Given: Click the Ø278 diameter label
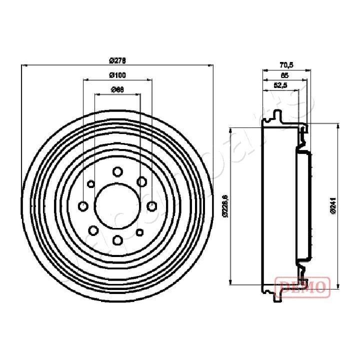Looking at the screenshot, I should click(x=117, y=60).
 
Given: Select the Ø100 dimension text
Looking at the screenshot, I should click(x=117, y=75).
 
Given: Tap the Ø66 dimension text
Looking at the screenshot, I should click(x=117, y=89).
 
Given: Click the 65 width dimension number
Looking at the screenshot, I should click(x=284, y=75).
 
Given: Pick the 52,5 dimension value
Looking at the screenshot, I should click(x=280, y=85).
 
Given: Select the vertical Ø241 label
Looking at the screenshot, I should click(x=332, y=205).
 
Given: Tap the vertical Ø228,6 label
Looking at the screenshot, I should click(x=225, y=205).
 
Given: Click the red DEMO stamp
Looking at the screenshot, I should click(x=303, y=285).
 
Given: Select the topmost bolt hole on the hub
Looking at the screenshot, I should click(x=117, y=172).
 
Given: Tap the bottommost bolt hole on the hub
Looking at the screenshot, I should click(x=117, y=240).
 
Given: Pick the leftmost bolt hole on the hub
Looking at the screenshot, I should click(x=83, y=206).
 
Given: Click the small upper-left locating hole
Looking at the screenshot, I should click(x=90, y=184).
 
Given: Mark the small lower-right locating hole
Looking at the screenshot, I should click(x=139, y=231).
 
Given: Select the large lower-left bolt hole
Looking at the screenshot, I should click(x=93, y=230).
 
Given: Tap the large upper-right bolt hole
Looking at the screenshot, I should click(x=141, y=181).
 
